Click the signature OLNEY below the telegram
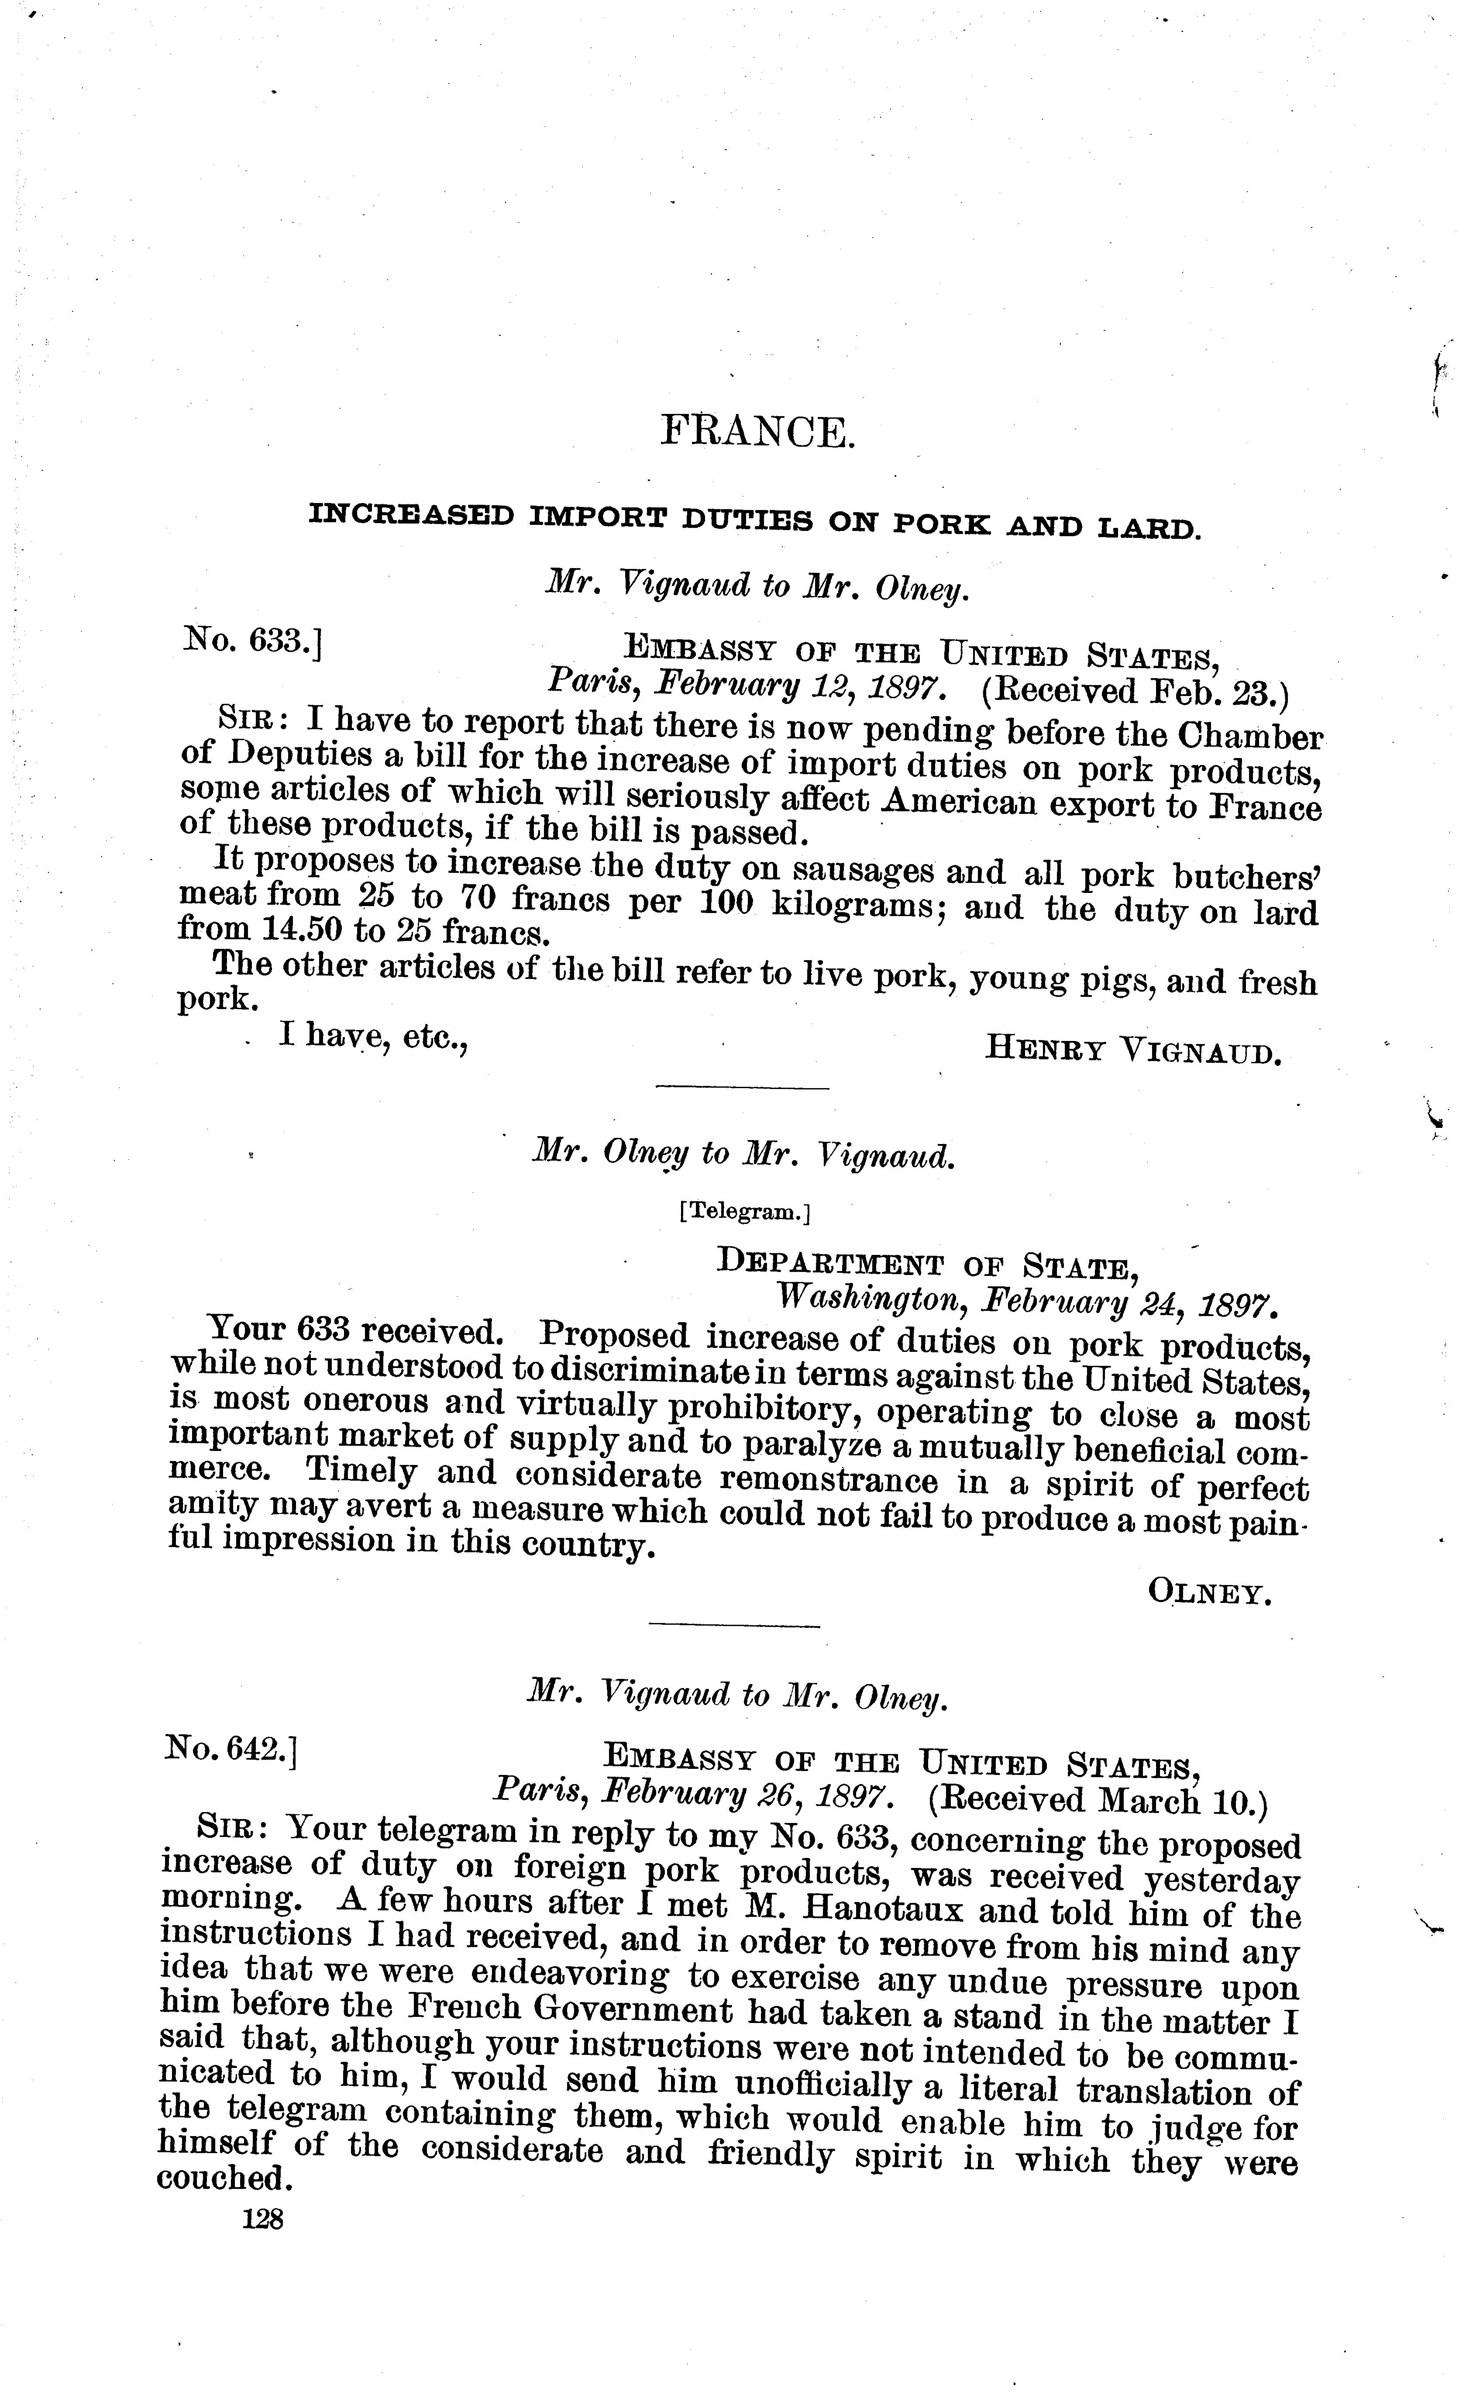click(x=1210, y=1591)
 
